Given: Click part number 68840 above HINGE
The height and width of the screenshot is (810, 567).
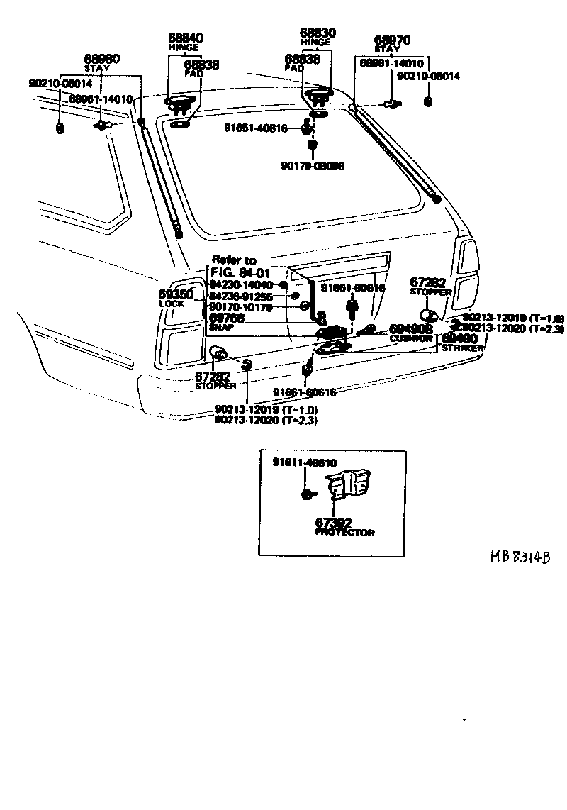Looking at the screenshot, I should [185, 38].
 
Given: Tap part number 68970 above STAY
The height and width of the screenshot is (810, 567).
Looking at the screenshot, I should [392, 40].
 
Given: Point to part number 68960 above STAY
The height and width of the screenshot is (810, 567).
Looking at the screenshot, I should [102, 59].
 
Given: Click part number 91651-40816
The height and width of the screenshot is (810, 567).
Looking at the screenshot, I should [255, 128].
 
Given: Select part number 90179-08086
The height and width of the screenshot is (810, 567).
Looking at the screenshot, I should [312, 166].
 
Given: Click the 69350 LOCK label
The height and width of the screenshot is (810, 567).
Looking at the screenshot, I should [173, 295].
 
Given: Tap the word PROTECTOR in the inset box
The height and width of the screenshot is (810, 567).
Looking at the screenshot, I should [346, 533].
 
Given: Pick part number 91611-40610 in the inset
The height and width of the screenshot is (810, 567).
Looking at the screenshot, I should [305, 462].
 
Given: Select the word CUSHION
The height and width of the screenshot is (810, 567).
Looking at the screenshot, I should [411, 339].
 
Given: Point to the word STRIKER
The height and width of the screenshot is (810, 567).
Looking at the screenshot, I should [464, 348].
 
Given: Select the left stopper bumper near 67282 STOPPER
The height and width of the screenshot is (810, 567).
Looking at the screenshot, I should [220, 352].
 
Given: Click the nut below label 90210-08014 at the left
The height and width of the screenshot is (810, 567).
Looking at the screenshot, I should [60, 128].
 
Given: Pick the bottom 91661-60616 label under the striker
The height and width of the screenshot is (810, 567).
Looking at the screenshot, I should [306, 392].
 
